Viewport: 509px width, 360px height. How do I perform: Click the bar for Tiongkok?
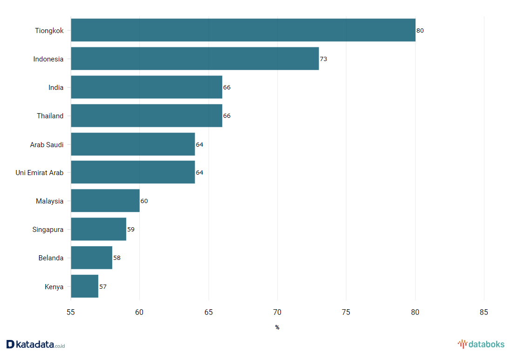click(243, 30)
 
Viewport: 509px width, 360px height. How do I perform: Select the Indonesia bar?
click(195, 59)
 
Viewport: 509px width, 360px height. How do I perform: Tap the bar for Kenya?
click(84, 286)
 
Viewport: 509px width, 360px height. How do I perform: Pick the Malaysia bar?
click(105, 201)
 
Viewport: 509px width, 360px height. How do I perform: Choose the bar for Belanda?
click(91, 258)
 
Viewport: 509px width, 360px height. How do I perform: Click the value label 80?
click(420, 31)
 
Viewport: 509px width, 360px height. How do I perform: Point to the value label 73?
click(324, 59)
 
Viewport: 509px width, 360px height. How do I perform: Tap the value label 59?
click(131, 230)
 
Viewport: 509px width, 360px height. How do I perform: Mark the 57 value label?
click(103, 287)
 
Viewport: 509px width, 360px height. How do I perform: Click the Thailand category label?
click(50, 116)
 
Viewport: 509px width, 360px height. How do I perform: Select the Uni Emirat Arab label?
click(40, 173)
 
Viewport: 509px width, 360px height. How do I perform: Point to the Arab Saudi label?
click(47, 144)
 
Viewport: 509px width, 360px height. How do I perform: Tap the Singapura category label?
click(48, 230)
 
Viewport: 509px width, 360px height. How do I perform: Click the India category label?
click(56, 88)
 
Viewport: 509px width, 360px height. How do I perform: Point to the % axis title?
click(277, 327)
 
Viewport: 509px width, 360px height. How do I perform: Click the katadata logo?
click(35, 345)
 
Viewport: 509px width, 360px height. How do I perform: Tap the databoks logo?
click(481, 345)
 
